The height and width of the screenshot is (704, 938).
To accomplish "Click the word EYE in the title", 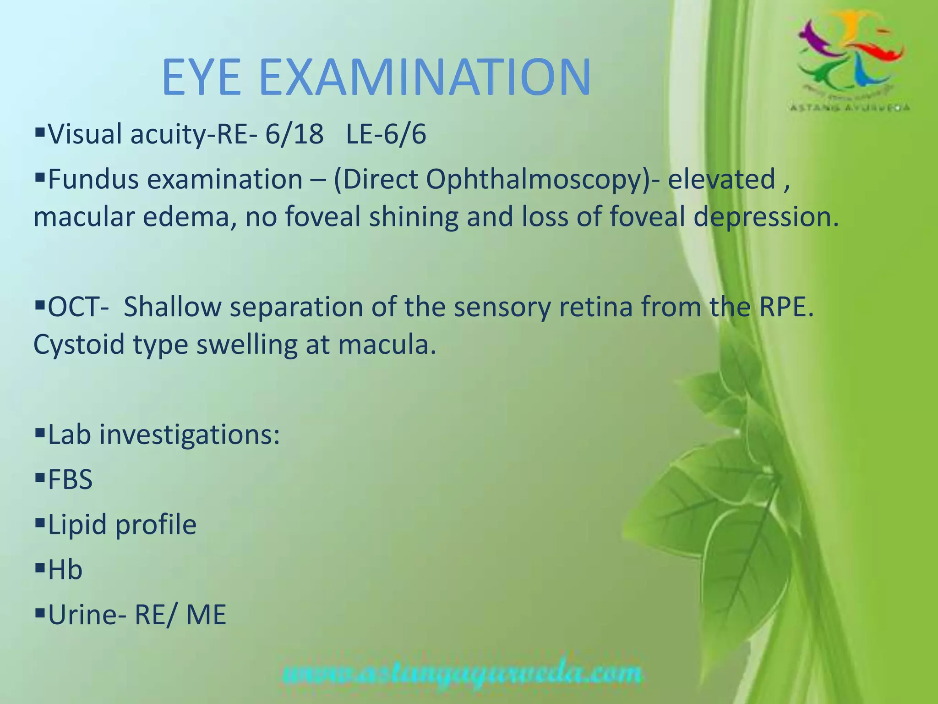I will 202,77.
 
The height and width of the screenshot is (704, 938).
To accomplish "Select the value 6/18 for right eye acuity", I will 294,135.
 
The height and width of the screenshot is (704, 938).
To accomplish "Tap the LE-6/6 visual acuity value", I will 386,135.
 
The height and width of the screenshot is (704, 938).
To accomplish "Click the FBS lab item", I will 70,480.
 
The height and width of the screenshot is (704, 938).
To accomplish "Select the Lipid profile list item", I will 122,525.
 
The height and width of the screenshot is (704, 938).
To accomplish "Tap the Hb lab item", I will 65,570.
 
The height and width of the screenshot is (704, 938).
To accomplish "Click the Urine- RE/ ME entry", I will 137,615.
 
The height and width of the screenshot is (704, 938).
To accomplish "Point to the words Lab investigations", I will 164,435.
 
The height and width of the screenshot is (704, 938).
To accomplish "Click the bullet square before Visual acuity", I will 39,133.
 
